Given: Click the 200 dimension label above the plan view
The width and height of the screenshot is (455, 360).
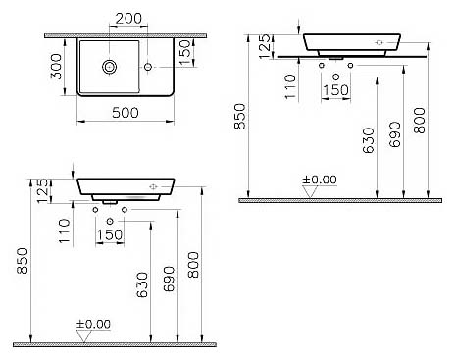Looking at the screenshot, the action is click(128, 19).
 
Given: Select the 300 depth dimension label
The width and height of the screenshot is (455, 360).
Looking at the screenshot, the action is click(57, 67).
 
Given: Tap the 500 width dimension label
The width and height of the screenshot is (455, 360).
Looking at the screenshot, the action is click(126, 113).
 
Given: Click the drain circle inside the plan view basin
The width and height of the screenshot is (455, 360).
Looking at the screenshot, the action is click(109, 67).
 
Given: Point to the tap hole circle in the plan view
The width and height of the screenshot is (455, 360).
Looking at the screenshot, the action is click(148, 67).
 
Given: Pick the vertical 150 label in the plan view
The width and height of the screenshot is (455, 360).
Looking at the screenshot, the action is click(185, 52).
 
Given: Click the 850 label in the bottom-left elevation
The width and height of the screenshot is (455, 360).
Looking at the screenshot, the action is click(24, 261).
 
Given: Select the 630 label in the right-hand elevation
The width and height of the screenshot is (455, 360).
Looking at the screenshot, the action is click(369, 140).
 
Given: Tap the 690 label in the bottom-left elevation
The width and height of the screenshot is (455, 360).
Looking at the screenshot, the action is click(169, 279).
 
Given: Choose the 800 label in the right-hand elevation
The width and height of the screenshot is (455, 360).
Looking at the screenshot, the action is click(420, 121).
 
